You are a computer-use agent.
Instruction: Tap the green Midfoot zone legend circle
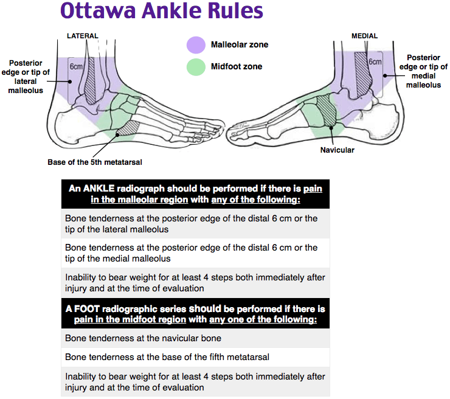tap(196, 67)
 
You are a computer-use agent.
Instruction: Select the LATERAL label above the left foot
tap(82, 36)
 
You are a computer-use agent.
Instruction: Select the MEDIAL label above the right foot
tap(364, 36)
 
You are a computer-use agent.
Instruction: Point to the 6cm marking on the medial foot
tap(375, 62)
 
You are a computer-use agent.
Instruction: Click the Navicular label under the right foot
tap(337, 150)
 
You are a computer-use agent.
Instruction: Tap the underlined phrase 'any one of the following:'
tap(263, 319)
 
